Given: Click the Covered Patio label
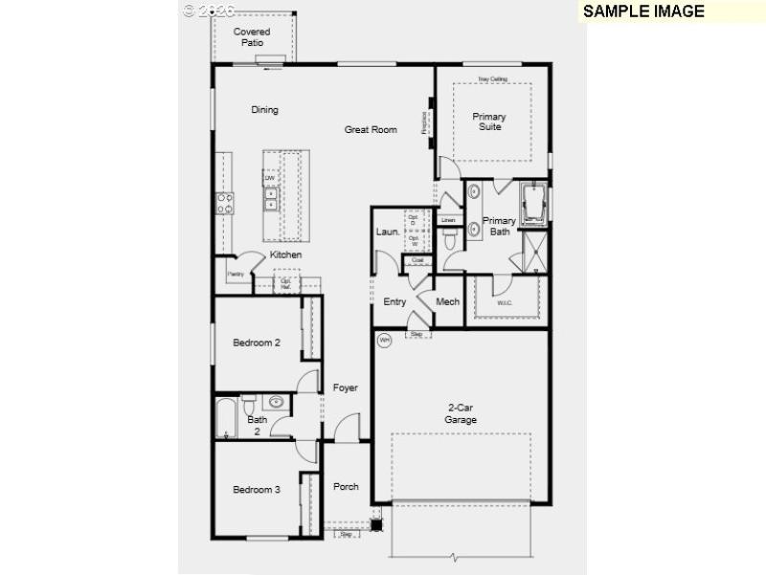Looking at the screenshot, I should point(252,37).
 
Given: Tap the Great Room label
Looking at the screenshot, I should point(371,129).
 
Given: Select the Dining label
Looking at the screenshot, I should point(264,110).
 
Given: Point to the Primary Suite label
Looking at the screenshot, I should point(489,122).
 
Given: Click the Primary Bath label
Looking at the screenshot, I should point(499,226).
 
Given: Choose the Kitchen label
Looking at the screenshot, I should point(285,255).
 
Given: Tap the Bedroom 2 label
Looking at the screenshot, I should point(257,343).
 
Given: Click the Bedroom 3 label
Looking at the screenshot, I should point(257,490).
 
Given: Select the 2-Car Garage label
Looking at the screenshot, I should point(460,414).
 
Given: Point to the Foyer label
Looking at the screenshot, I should point(345,387).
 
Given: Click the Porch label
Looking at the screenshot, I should point(346,486).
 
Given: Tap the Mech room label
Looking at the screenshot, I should point(448,301).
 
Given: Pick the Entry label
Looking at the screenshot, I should point(394,301).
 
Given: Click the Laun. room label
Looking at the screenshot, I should point(387,232).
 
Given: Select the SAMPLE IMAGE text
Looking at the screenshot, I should point(643,11).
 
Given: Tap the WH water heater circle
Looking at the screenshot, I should point(385,339).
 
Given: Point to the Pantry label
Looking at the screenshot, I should point(235,275).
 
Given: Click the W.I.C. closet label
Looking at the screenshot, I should point(505,303).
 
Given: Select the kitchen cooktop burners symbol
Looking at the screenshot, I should point(225,202).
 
